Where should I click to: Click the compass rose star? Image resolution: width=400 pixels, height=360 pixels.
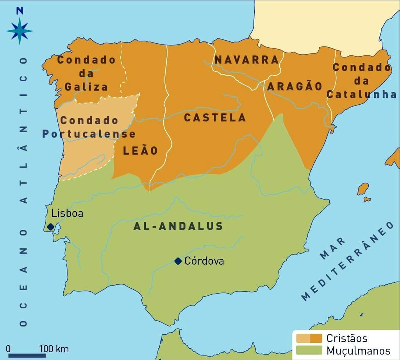click(20, 31)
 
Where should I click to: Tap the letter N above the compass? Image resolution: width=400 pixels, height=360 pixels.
click(20, 11)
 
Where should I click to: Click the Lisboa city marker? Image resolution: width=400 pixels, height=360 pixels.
click(50, 227)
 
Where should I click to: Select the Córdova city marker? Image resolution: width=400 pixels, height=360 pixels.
click(178, 261)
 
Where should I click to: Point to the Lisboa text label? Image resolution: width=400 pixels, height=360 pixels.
click(67, 213)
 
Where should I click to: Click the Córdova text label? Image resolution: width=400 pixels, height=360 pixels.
click(204, 261)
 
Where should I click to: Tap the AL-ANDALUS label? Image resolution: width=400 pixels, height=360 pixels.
click(178, 226)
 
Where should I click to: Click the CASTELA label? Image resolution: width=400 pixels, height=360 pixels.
click(215, 118)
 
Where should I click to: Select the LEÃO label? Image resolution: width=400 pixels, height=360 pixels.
click(140, 151)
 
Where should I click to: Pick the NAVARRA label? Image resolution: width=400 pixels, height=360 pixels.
click(247, 60)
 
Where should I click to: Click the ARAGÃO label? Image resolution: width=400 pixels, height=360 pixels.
click(295, 86)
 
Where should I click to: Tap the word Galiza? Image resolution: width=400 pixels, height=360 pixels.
click(86, 87)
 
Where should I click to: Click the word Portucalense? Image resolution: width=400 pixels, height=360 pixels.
click(89, 134)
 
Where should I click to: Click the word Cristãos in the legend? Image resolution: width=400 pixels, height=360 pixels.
click(346, 338)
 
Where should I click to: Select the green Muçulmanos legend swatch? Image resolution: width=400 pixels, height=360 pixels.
click(309, 349)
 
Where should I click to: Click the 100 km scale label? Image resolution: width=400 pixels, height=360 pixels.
click(54, 349)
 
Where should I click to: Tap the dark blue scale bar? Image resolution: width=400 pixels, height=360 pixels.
click(27, 355)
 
